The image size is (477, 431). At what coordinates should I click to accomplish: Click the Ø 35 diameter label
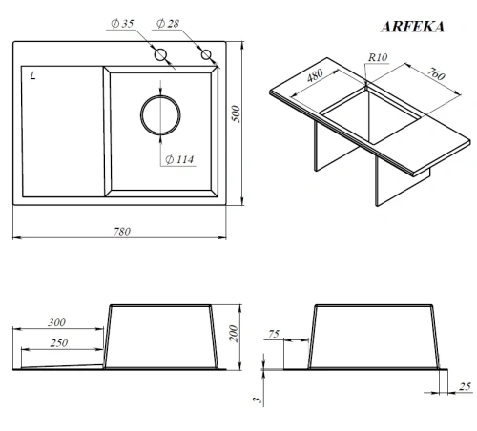pyautogui.click(x=121, y=23)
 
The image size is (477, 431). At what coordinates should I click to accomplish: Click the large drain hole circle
pyautogui.click(x=158, y=115)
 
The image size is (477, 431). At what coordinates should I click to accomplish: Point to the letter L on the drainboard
pyautogui.click(x=33, y=76)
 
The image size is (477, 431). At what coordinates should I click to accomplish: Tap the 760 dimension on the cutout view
pyautogui.click(x=437, y=76)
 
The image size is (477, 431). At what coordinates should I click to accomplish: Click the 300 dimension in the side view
pyautogui.click(x=57, y=322)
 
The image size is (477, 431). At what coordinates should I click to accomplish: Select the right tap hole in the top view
pyautogui.click(x=205, y=55)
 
